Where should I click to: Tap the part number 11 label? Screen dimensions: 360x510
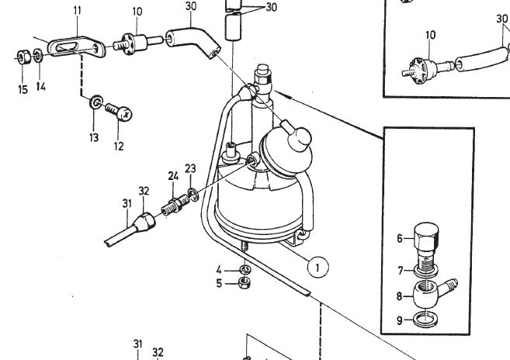pyautogui.click(x=76, y=10)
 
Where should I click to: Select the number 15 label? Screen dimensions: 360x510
pyautogui.click(x=22, y=89)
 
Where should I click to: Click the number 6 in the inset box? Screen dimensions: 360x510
pyautogui.click(x=399, y=239)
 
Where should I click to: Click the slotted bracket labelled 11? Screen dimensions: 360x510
pyautogui.click(x=74, y=47)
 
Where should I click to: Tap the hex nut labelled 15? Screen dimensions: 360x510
pyautogui.click(x=22, y=57)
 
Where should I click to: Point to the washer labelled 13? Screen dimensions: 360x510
pyautogui.click(x=95, y=102)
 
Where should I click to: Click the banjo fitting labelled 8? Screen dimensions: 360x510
pyautogui.click(x=431, y=295)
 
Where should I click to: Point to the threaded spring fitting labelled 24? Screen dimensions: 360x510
pyautogui.click(x=175, y=206)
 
